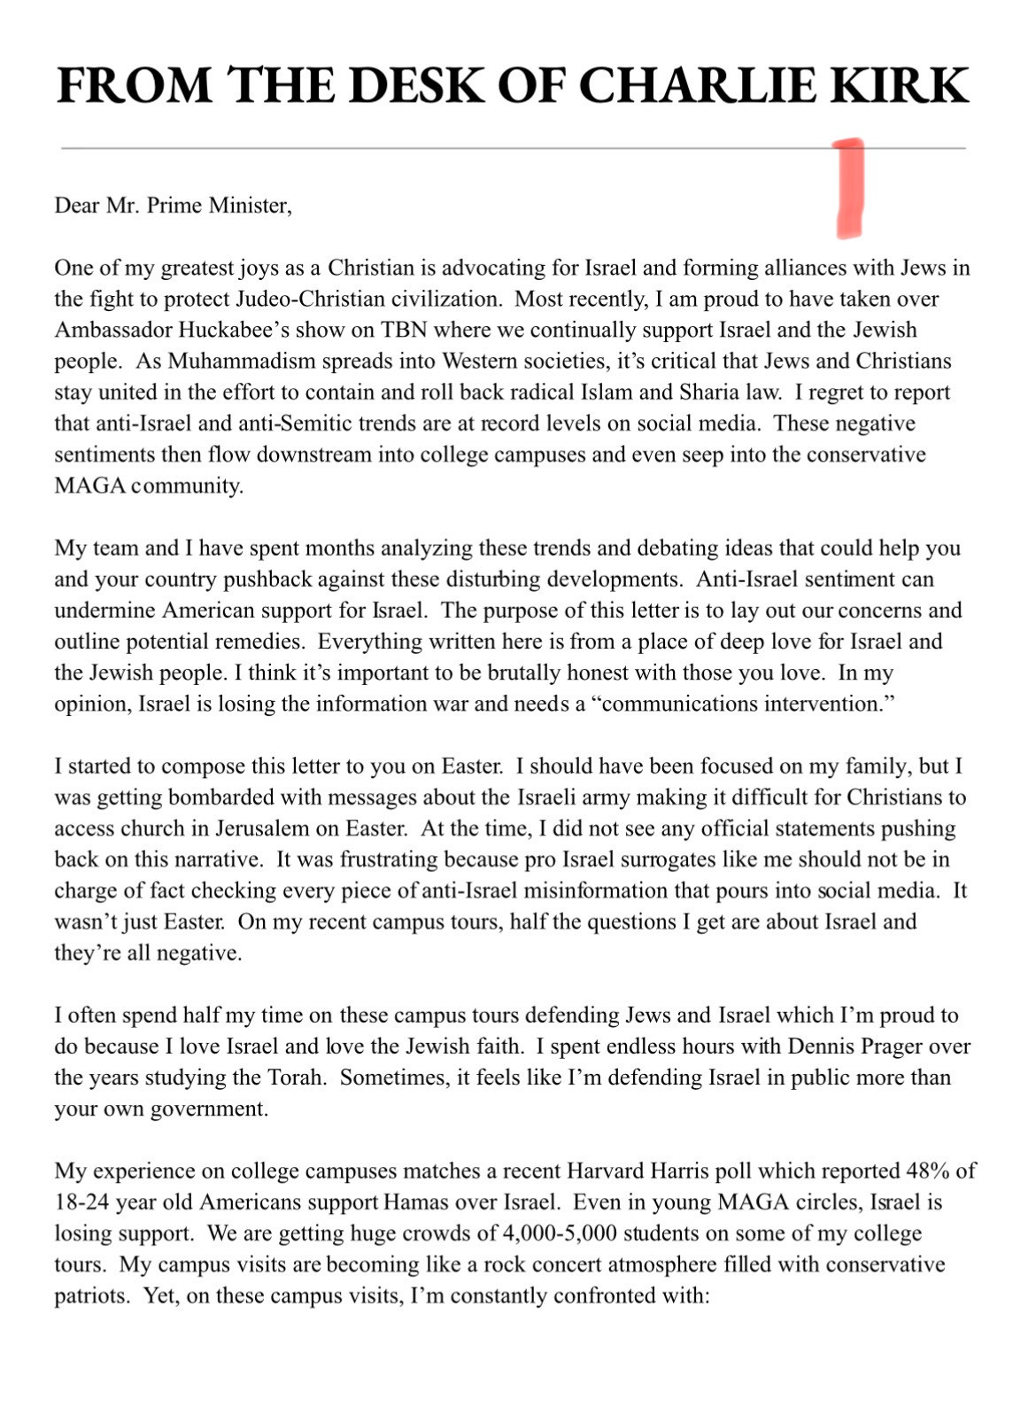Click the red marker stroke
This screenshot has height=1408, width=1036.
[849, 188]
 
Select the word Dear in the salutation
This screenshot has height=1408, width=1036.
[77, 206]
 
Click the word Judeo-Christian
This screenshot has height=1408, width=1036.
[282, 299]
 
